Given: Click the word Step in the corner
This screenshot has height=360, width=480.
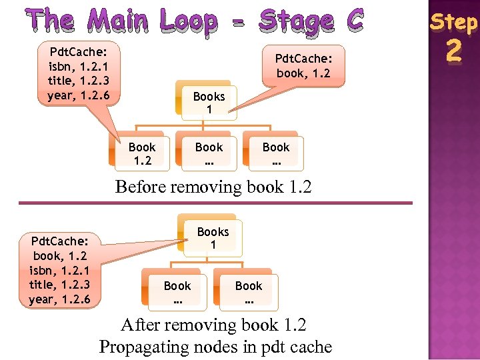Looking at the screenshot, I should coord(453,22).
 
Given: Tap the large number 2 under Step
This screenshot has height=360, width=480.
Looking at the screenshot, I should coord(453,50).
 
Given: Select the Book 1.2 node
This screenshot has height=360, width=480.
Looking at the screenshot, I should coord(141,153).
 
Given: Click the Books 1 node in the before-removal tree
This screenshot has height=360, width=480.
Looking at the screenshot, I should coord(209,103).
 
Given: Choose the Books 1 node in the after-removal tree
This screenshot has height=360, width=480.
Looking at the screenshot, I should coord(213,238).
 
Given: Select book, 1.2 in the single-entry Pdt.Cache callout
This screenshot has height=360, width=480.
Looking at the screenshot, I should coord(303,73).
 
